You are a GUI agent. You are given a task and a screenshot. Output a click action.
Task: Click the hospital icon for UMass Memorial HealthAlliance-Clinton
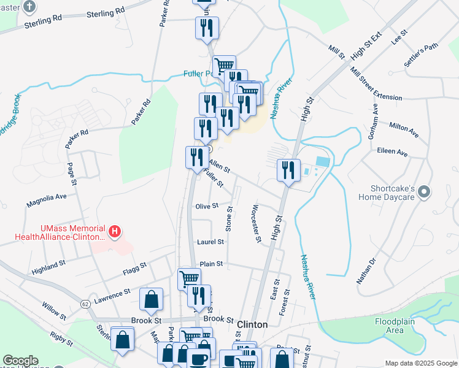(114, 231)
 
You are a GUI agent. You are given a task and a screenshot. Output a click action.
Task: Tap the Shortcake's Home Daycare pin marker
(423, 193)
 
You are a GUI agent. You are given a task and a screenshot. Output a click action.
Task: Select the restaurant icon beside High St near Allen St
(288, 171)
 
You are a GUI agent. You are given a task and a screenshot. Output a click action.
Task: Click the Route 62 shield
(85, 304)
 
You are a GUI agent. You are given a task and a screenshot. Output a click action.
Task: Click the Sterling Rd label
(101, 13)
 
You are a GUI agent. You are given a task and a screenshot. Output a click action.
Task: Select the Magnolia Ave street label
(46, 197)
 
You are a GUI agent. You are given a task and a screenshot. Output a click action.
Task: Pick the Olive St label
(207, 206)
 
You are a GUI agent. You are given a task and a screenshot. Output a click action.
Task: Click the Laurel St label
(210, 242)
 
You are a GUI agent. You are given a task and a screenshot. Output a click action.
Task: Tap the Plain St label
(210, 264)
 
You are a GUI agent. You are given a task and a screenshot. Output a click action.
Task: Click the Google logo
(20, 361)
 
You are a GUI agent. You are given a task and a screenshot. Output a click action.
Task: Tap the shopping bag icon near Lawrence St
(151, 300)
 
